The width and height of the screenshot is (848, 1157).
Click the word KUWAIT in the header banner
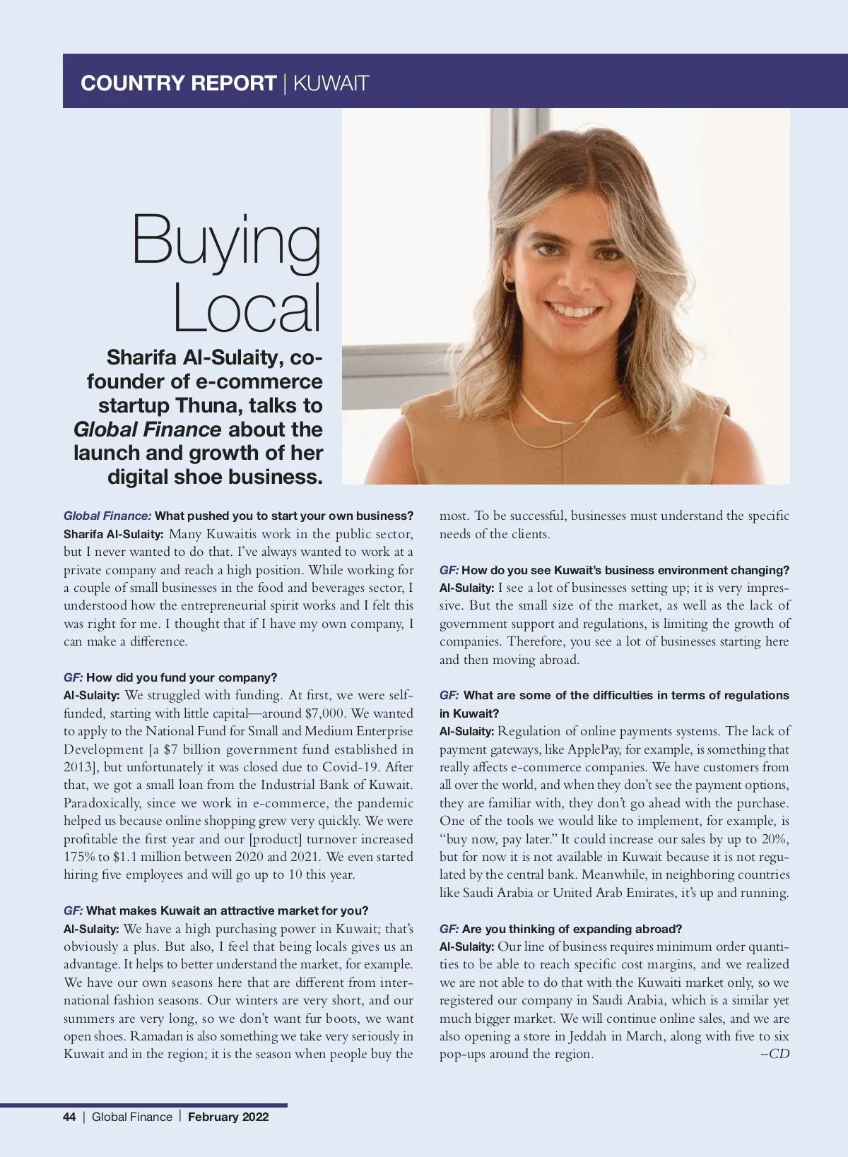coord(331,83)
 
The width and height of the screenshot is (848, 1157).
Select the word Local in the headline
coord(247,308)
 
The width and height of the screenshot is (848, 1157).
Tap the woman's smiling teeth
coord(575,311)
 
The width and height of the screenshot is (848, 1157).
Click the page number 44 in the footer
coord(69,1117)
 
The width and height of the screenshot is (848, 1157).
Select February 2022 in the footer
coord(228,1117)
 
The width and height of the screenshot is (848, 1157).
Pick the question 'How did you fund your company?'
coord(182,677)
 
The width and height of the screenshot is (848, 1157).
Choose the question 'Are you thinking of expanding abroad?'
coord(572,929)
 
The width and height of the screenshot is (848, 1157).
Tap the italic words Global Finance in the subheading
coord(147,429)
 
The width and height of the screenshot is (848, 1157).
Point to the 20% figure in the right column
coord(775,839)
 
